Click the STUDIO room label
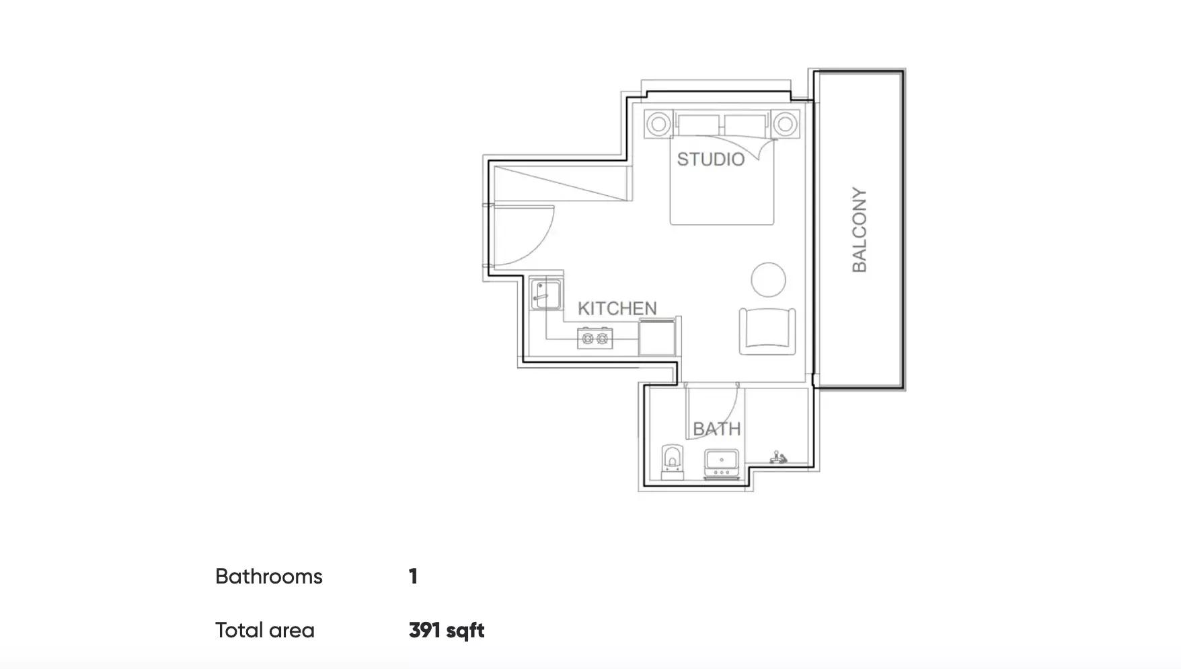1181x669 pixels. pyautogui.click(x=711, y=160)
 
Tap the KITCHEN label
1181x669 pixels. pyautogui.click(x=617, y=308)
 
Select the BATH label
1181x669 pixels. pyautogui.click(x=717, y=429)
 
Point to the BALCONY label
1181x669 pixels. pyautogui.click(x=860, y=230)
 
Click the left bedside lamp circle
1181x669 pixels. pyautogui.click(x=658, y=124)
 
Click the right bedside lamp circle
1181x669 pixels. pyautogui.click(x=784, y=124)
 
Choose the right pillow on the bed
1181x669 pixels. pyautogui.click(x=745, y=125)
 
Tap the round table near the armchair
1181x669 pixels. pyautogui.click(x=768, y=279)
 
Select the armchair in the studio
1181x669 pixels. pyautogui.click(x=767, y=331)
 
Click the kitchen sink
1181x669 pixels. pyautogui.click(x=545, y=293)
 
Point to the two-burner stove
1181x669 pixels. pyautogui.click(x=595, y=338)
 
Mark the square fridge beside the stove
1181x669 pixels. pyautogui.click(x=656, y=337)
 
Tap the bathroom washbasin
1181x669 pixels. pyautogui.click(x=722, y=463)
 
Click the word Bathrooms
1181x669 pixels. pyautogui.click(x=269, y=577)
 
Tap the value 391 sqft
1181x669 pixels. pyautogui.click(x=447, y=631)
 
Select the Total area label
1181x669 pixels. pyautogui.click(x=265, y=631)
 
